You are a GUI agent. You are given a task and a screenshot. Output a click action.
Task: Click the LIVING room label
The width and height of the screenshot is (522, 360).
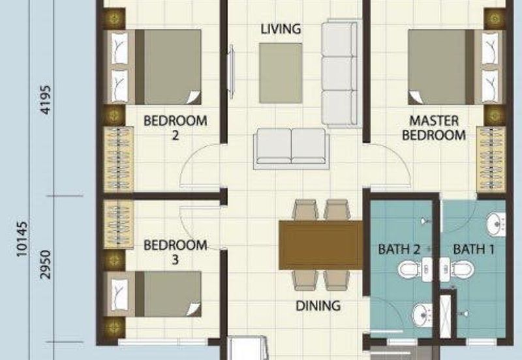281,29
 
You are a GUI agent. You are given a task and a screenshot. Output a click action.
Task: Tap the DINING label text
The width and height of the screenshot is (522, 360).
318,306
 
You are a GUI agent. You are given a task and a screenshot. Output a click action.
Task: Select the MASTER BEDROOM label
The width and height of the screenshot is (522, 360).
434,128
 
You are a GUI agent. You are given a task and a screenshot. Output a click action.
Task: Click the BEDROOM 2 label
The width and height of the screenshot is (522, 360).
175,128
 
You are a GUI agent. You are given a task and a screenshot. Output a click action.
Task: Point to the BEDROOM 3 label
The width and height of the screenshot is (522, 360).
175,252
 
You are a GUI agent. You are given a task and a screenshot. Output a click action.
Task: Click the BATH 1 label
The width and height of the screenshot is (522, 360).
474,249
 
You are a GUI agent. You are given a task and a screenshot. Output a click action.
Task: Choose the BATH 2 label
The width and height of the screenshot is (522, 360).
399,249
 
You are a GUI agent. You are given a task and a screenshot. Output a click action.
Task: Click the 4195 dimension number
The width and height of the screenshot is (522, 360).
45,100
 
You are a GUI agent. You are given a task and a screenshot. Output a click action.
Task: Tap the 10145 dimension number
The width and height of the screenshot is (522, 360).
22,239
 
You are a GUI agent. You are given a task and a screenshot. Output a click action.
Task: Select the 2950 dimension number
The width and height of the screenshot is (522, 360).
45,265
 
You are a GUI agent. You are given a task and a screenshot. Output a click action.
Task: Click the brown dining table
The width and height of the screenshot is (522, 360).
320,245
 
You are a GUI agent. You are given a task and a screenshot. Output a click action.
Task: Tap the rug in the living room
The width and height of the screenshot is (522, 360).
281,73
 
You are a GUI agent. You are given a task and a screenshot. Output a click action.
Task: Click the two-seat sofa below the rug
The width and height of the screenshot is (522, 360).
291,149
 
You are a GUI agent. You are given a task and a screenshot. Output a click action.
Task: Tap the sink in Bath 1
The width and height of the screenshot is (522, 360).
496,224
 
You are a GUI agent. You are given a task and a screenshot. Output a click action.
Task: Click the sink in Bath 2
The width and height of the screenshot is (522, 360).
422,314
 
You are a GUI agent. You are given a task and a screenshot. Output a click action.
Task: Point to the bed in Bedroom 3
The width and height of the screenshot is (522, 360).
153,293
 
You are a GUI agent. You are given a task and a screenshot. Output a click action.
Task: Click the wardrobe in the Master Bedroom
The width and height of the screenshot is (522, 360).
491,160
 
